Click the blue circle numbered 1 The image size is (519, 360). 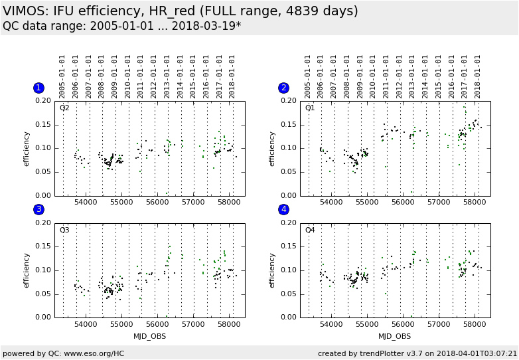38,88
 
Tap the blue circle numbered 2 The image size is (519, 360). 284,88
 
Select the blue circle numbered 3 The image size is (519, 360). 38,209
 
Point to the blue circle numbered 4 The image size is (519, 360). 284,209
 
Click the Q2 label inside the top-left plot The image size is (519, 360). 64,108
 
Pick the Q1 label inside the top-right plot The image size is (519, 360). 310,108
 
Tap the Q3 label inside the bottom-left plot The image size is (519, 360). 64,230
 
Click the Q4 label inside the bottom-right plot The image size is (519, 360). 310,230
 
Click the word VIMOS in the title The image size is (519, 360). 25,11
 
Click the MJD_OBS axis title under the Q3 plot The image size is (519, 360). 149,336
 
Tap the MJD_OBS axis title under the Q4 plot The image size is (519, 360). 395,336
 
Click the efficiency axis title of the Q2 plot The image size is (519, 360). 27,148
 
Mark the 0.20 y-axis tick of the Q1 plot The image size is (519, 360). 289,101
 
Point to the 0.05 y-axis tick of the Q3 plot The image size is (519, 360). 43,294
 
